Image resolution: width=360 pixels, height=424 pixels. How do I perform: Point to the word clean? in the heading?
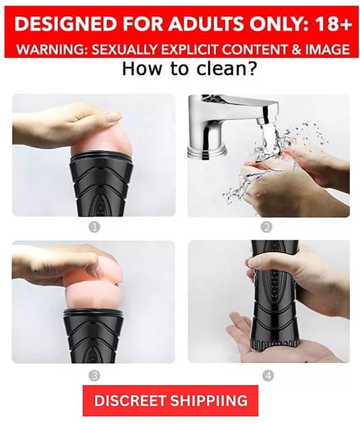[x=226, y=69]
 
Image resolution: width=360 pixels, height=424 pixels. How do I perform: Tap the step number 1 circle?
[x=94, y=227]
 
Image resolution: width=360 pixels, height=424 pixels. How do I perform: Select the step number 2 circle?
[x=267, y=227]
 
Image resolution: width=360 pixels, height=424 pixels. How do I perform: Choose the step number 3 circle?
[x=94, y=375]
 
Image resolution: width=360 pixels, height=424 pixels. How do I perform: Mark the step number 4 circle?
[x=268, y=375]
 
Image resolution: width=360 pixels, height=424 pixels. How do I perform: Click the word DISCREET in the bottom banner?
[x=130, y=400]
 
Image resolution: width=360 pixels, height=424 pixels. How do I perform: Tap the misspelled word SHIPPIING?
[x=210, y=400]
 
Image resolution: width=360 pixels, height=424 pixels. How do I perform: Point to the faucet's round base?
[x=207, y=151]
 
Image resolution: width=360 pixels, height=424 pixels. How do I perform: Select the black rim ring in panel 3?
[x=93, y=314]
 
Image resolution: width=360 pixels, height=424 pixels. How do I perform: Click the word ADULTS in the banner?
[x=206, y=24]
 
